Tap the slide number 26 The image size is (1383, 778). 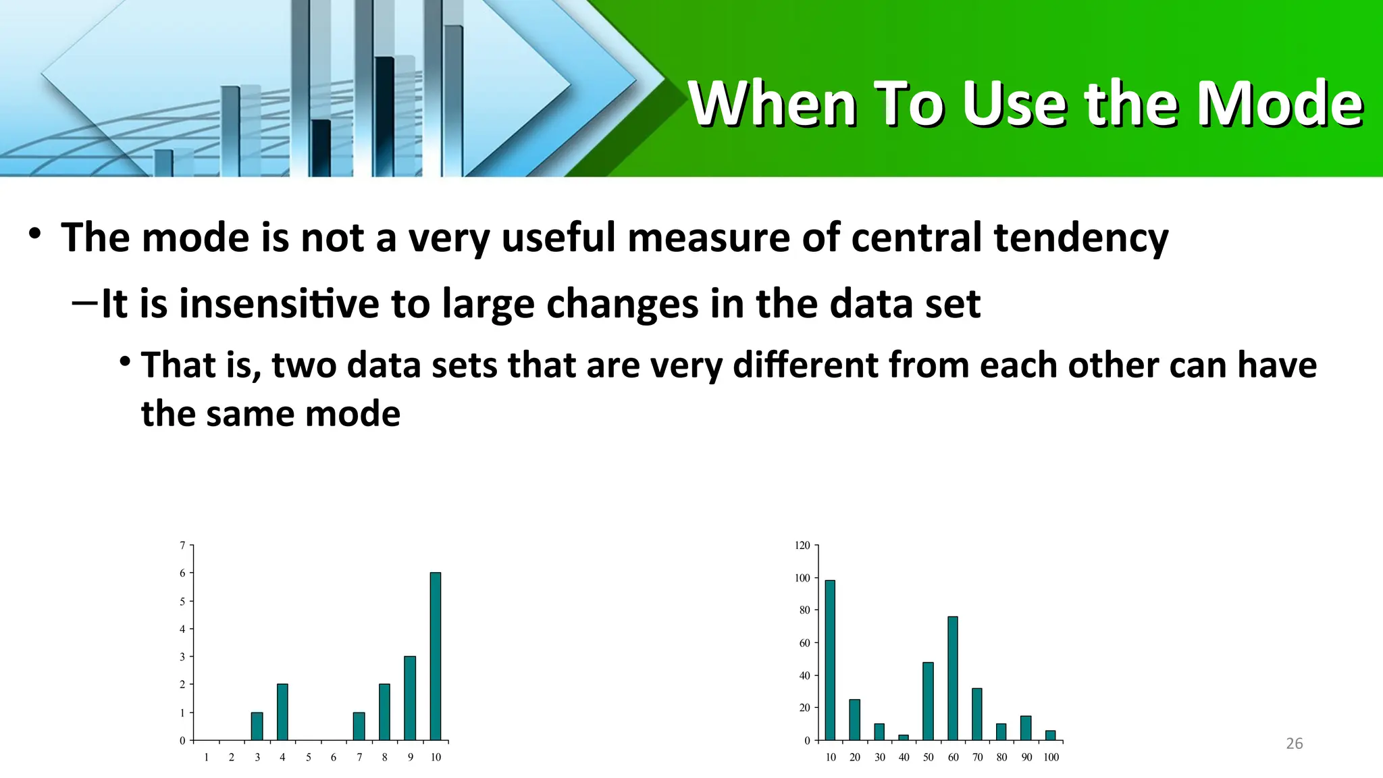pyautogui.click(x=1294, y=744)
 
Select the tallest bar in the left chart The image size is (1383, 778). pyautogui.click(x=436, y=656)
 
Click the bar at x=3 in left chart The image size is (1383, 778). pyautogui.click(x=257, y=727)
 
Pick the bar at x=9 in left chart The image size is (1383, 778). pyautogui.click(x=410, y=698)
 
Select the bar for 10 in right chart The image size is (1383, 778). pyautogui.click(x=830, y=660)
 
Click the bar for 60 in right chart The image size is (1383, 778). pyautogui.click(x=952, y=678)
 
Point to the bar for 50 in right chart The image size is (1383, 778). pyautogui.click(x=928, y=701)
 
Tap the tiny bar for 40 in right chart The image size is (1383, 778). pyautogui.click(x=904, y=737)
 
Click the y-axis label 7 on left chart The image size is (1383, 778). pyautogui.click(x=182, y=546)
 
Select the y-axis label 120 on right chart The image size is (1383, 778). pyautogui.click(x=802, y=546)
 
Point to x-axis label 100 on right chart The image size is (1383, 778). pyautogui.click(x=1051, y=758)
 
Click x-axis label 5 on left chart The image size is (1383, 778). pyautogui.click(x=308, y=758)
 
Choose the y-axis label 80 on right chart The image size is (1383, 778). pyautogui.click(x=804, y=611)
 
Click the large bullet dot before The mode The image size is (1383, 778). pyautogui.click(x=35, y=235)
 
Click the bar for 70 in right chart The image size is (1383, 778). pyautogui.click(x=976, y=714)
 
